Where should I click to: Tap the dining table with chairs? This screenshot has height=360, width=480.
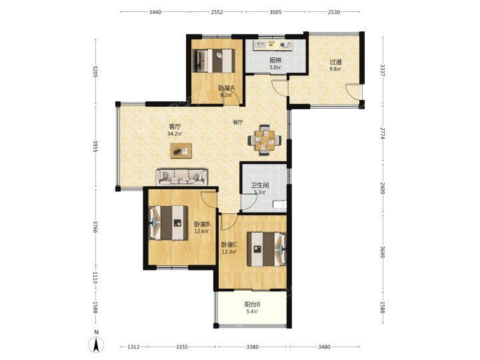265,140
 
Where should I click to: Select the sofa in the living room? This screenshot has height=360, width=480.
181,177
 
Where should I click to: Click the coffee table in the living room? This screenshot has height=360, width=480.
181,151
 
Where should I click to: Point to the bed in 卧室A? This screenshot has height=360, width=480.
214,61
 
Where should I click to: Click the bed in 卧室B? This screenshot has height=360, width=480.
168,223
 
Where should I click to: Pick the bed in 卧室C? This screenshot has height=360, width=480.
267,249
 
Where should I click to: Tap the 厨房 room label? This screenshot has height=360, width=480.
275,60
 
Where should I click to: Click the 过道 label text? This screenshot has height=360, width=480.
335,62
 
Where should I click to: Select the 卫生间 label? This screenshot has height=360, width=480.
260,185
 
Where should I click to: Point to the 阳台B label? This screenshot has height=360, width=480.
253,304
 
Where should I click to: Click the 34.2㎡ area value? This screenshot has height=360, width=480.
175,134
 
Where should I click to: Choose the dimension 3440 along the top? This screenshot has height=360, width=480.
155,12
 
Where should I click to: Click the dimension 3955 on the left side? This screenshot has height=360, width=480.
95,147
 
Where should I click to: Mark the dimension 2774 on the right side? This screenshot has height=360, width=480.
383,134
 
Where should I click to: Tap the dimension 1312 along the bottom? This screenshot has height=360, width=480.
133,347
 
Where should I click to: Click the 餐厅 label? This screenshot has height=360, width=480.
238,123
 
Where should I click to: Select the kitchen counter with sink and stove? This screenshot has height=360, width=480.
273,45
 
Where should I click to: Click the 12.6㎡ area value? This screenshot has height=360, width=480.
202,231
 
